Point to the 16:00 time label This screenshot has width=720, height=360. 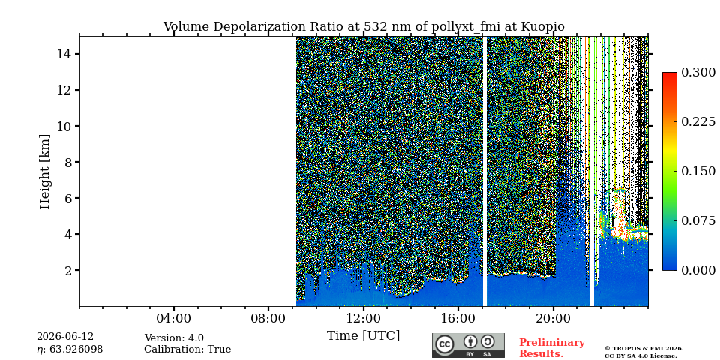tap(458, 318)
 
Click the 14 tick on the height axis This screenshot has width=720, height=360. tap(63, 54)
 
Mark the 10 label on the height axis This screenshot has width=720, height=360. tap(63, 126)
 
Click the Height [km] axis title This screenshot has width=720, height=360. tap(44, 172)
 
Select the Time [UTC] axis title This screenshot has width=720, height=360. tap(363, 336)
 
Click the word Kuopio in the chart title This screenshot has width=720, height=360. tap(543, 27)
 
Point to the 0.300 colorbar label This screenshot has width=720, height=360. tap(698, 73)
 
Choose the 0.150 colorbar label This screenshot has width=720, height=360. tap(698, 171)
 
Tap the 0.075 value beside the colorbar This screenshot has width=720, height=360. tap(698, 220)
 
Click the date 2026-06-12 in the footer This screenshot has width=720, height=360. tap(65, 337)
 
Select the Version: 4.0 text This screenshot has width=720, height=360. tap(174, 338)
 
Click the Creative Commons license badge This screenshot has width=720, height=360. tap(468, 345)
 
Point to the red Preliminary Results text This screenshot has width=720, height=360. tap(551, 348)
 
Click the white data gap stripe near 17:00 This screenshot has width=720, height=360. tap(484, 171)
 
